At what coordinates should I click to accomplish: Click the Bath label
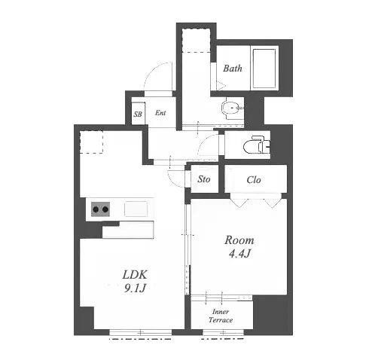tap(233, 69)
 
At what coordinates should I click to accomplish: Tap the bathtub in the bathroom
tap(264, 69)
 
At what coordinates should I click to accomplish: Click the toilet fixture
tap(257, 145)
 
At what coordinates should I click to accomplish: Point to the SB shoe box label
tap(138, 114)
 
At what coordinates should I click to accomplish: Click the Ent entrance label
tap(160, 113)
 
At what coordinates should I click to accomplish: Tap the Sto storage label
tap(203, 179)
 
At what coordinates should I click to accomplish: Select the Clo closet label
tap(254, 180)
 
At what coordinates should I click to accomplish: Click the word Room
tap(239, 240)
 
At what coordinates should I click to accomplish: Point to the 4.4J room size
tap(239, 254)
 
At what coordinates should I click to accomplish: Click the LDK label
tap(135, 275)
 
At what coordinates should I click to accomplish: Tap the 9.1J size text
tap(135, 288)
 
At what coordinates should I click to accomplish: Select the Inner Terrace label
tap(221, 316)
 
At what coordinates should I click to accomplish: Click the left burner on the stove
tap(96, 209)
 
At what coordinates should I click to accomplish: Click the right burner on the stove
tap(105, 209)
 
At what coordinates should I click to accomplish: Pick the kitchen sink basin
tap(136, 209)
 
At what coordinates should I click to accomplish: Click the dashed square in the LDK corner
tap(91, 142)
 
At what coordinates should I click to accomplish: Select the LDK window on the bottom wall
tap(141, 333)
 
